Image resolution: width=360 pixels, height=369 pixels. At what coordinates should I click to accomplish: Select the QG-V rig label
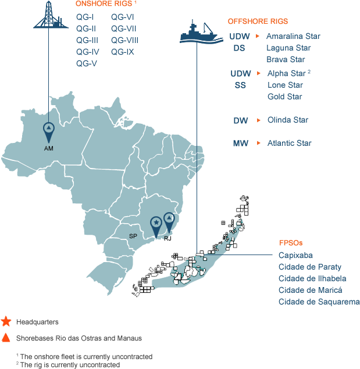click(86, 63)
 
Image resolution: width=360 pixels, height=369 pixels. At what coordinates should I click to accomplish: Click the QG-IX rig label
click(123, 52)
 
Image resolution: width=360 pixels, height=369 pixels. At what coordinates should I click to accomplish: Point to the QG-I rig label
click(84, 17)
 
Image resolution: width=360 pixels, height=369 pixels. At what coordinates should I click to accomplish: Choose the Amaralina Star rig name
click(293, 36)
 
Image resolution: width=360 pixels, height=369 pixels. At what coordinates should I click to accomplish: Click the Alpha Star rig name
click(287, 73)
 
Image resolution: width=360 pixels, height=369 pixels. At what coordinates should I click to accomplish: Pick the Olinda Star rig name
click(288, 120)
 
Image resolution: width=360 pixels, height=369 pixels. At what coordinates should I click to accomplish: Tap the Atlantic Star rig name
click(289, 143)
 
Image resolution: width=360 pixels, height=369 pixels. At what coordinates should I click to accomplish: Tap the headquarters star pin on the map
click(156, 224)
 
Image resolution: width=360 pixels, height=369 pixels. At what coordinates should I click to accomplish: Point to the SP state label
click(133, 237)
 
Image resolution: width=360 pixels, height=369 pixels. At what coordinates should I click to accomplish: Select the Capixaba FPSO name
click(295, 255)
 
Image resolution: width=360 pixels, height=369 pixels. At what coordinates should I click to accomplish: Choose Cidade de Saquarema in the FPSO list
click(319, 302)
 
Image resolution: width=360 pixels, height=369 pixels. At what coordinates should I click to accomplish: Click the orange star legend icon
click(6, 321)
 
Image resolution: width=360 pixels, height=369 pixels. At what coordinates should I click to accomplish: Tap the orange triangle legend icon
click(6, 337)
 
